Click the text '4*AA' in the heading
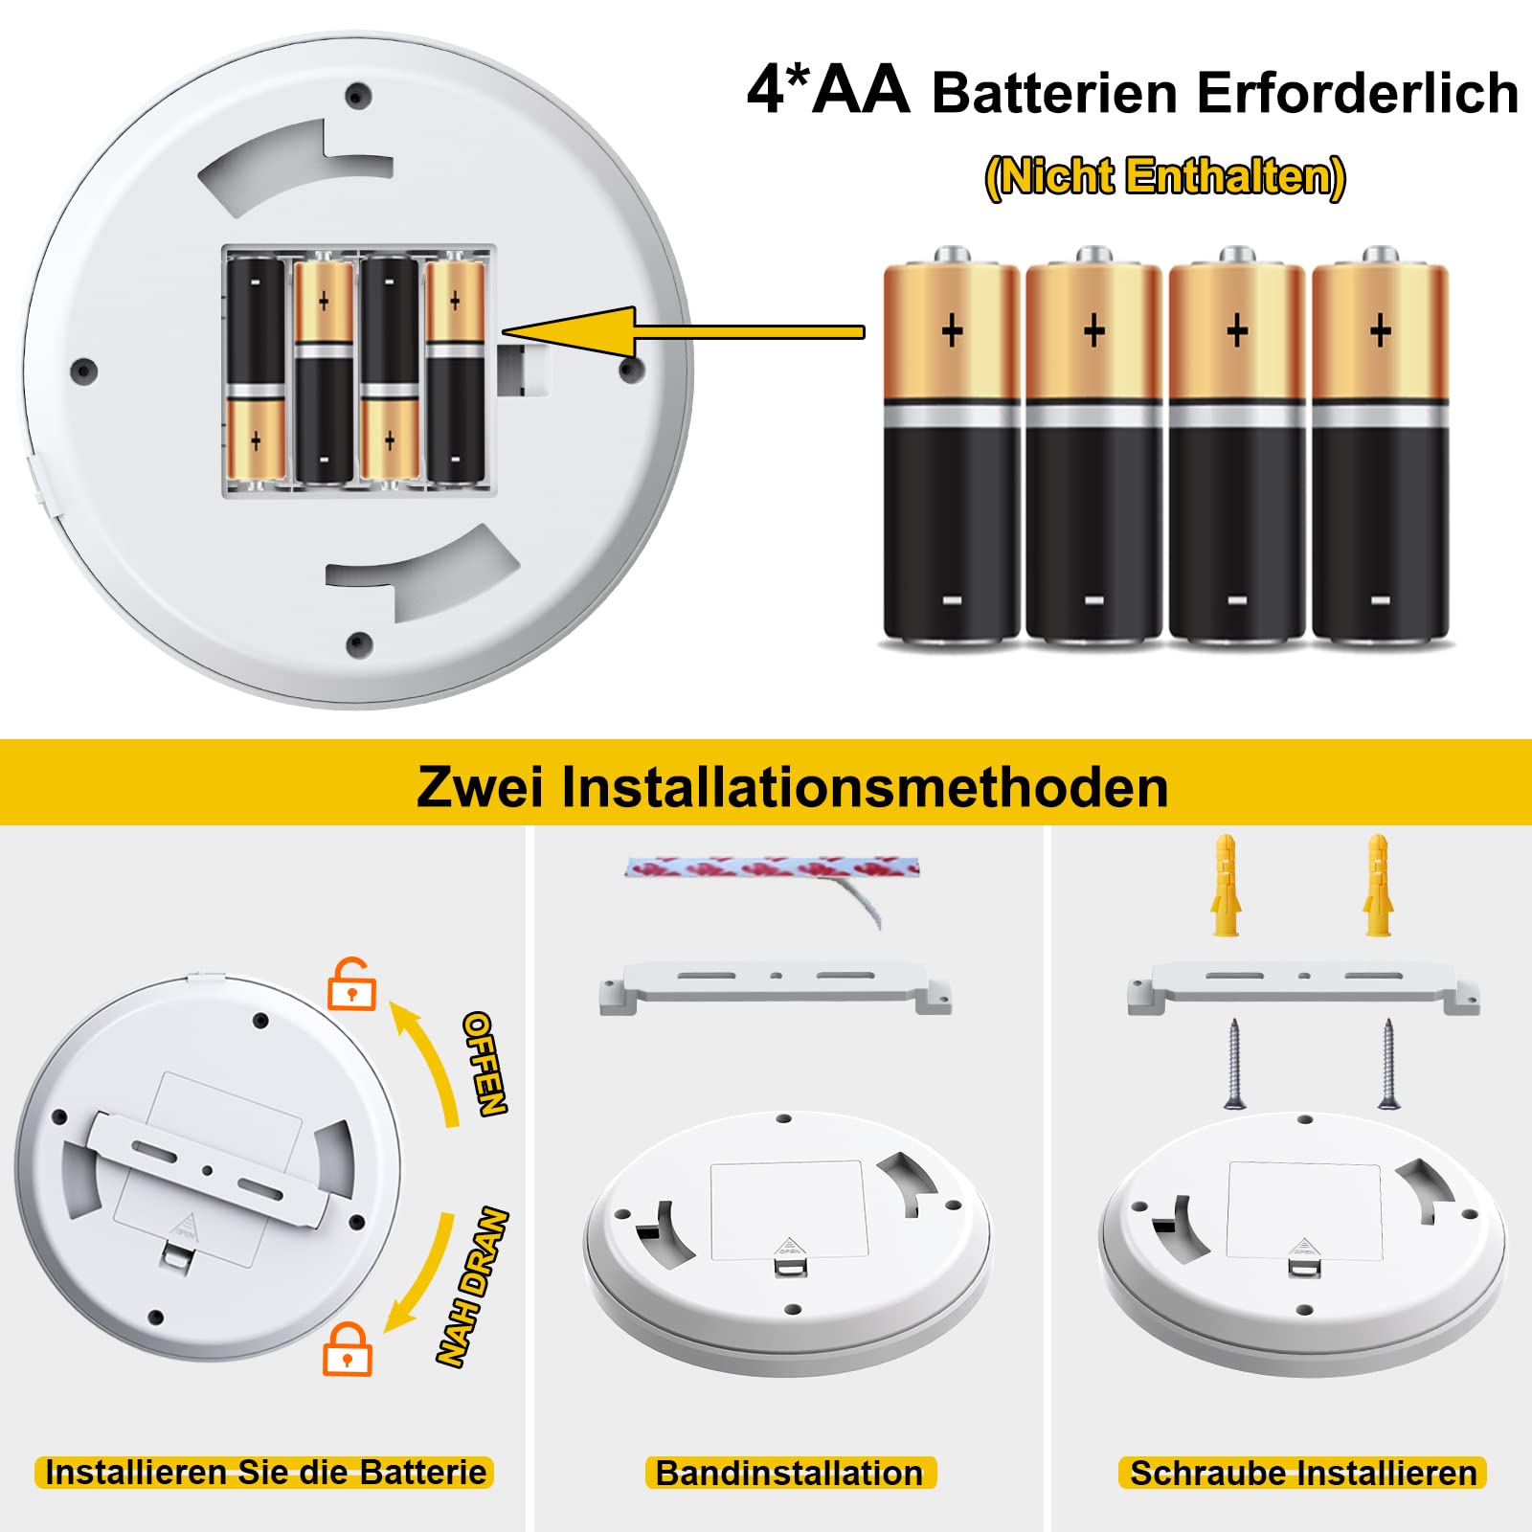point(828,91)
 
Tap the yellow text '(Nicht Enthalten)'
point(1165,177)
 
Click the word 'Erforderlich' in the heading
point(1357,94)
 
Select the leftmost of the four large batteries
point(951,450)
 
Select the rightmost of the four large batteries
point(1380,450)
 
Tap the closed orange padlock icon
point(347,1349)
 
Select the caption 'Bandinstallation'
point(789,1473)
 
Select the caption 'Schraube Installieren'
point(1302,1473)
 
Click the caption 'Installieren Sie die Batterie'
point(265,1472)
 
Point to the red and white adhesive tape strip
point(772,868)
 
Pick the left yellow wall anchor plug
point(1226,886)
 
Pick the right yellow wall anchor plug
point(1377,886)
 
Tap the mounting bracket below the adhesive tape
point(776,986)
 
